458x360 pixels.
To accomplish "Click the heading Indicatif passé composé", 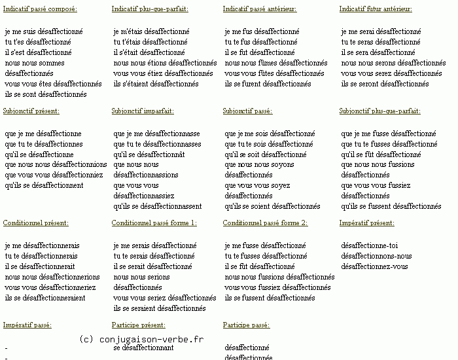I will [40, 9].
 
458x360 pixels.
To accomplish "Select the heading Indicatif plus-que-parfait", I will [150, 9].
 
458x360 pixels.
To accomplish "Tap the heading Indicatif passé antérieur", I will [259, 9].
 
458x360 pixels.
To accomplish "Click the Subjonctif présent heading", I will [31, 111].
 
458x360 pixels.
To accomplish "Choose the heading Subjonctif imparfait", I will [143, 111].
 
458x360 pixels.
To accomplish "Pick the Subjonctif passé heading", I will [247, 111].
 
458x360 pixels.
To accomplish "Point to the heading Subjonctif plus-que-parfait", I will [379, 111].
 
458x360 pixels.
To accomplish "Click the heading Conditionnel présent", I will [35, 223].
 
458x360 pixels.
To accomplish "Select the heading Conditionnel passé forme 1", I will [154, 223].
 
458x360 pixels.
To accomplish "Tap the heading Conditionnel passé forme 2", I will [265, 223].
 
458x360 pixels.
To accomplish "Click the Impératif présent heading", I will [366, 223].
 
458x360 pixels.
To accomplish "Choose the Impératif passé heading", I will [27, 325].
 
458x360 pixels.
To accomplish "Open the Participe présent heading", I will [138, 325].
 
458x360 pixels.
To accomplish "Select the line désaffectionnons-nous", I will [377, 256].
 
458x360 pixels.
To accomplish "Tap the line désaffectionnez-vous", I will [374, 266].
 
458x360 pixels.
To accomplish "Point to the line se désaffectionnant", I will [143, 348].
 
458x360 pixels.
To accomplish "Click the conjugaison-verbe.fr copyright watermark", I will [141, 339].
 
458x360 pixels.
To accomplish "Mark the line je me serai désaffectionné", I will [381, 31].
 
